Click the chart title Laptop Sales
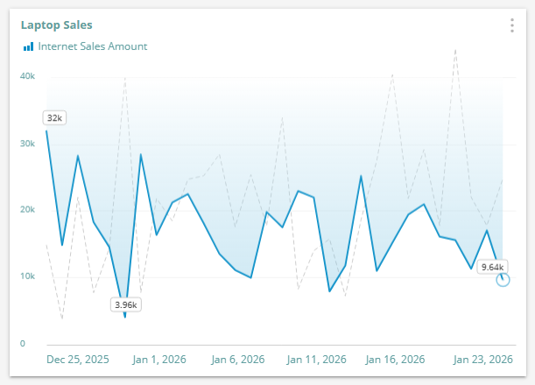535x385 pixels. point(56,25)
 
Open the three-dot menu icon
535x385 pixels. point(512,25)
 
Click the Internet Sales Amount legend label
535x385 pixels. point(92,46)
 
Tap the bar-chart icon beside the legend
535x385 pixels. point(28,46)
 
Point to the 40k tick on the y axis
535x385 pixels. point(27,76)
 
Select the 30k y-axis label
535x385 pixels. point(27,143)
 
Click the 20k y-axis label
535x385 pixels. point(27,210)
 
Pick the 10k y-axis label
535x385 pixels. point(27,276)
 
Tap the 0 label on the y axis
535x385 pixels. point(24,343)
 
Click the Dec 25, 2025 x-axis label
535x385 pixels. point(78,360)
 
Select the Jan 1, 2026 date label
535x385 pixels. point(158,360)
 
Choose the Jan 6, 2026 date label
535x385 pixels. point(237,360)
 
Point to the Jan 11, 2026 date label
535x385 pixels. point(317,360)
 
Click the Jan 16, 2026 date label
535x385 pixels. point(396,360)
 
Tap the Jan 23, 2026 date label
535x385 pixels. point(483,360)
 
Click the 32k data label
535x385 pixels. point(54,118)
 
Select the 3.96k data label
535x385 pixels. point(126,304)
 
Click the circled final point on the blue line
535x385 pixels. point(503,279)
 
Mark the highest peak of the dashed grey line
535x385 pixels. point(455,50)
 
